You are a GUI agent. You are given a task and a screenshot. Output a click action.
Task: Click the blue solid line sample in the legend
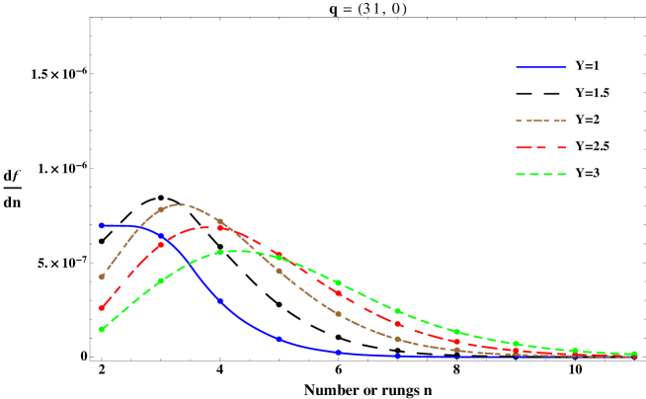[x=540, y=67]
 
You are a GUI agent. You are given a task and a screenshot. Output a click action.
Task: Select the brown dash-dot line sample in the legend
[x=540, y=120]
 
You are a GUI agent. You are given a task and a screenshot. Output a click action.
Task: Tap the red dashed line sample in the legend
[x=540, y=147]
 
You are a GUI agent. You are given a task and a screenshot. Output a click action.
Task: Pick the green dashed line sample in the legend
[x=540, y=174]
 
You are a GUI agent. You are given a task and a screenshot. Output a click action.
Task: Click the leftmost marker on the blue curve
[x=101, y=225]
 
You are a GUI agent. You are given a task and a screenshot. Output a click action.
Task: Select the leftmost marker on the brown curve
[x=101, y=277]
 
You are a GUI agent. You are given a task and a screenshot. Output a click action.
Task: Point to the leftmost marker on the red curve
[x=101, y=307]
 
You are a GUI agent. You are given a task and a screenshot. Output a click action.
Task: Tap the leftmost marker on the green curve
[x=101, y=329]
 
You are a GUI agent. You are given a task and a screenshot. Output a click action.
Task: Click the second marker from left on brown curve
[x=160, y=209]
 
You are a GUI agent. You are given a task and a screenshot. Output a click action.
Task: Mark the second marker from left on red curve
[x=160, y=244]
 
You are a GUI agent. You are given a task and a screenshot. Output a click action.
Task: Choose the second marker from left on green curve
[x=160, y=281]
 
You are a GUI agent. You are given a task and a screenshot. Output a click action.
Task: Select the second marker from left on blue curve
[x=160, y=235]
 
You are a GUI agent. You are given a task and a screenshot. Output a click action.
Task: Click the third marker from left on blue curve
[x=219, y=300]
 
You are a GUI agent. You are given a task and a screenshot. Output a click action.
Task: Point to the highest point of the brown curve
[x=178, y=204]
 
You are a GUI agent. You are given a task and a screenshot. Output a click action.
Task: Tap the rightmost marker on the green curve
[x=634, y=354]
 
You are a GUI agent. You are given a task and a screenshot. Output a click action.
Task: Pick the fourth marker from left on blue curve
[x=279, y=338]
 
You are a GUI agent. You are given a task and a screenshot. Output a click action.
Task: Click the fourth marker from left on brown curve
[x=279, y=271]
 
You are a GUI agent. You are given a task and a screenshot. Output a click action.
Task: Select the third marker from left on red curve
[x=219, y=227]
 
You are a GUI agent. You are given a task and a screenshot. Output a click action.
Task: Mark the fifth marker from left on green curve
[x=338, y=282]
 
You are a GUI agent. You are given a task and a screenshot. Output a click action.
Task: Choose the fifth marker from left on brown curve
[x=338, y=314]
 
